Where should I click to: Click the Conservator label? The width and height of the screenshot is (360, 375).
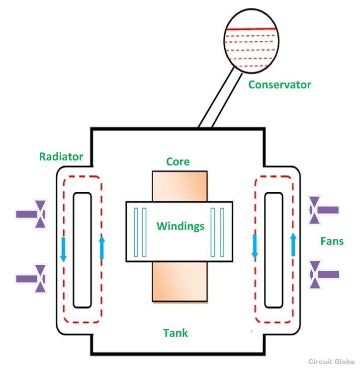click(279, 84)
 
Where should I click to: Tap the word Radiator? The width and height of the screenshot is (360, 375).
click(61, 156)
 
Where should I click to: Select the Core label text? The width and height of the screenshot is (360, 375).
click(178, 161)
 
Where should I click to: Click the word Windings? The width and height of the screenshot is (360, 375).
click(180, 226)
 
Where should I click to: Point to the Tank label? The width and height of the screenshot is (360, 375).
click(176, 333)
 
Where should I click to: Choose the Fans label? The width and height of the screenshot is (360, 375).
click(332, 241)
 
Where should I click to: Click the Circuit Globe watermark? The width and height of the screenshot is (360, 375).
click(332, 362)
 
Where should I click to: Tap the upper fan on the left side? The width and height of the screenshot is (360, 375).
click(31, 214)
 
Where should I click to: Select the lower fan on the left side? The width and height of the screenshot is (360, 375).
click(31, 279)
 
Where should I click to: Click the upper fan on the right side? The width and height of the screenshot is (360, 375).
click(324, 210)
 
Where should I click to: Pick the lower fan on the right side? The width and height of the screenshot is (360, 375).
click(324, 274)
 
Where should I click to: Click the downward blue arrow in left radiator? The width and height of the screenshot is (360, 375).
click(64, 249)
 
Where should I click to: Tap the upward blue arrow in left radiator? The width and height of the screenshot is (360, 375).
click(102, 247)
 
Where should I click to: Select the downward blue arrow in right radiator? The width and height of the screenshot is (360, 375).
click(255, 246)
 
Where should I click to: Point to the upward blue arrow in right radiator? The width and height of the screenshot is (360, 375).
click(293, 245)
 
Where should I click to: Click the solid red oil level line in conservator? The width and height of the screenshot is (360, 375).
click(251, 29)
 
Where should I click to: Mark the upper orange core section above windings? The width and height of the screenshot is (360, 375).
click(180, 186)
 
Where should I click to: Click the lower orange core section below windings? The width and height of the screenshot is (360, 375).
click(180, 282)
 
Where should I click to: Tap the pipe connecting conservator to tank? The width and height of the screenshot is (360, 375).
click(220, 97)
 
